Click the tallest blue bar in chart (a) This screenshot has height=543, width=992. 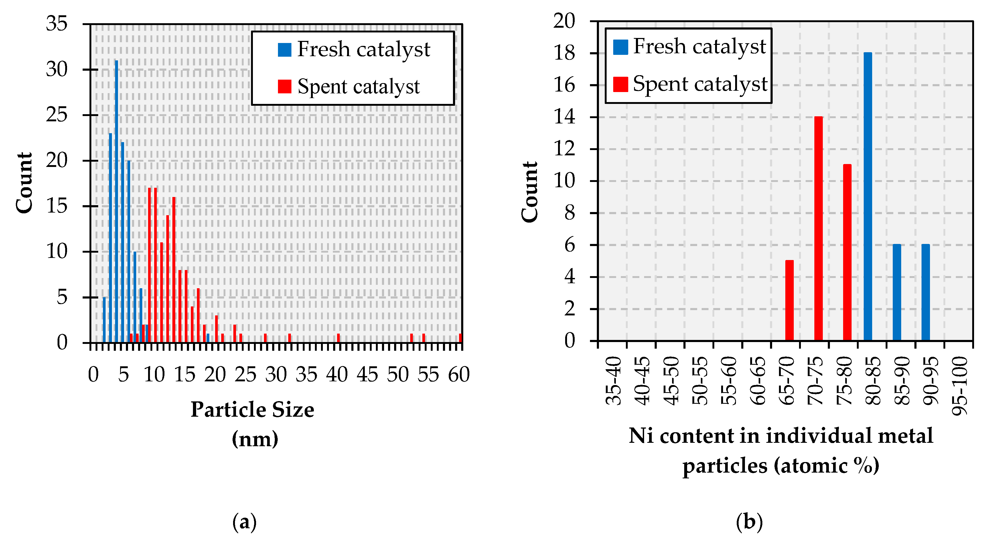click(116, 200)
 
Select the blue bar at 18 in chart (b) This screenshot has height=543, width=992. click(868, 196)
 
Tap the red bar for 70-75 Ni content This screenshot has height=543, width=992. click(818, 229)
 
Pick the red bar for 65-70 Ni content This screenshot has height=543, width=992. click(790, 300)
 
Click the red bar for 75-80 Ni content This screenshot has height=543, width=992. click(847, 252)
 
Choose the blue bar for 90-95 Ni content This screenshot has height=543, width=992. click(925, 292)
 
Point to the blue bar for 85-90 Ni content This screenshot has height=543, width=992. click(896, 292)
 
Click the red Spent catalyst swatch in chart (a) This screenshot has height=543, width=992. click(284, 86)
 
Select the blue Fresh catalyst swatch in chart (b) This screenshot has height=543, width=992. click(620, 47)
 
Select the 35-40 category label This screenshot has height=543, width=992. click(613, 381)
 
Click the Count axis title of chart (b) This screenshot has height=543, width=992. click(530, 192)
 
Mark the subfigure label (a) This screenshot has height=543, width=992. click(244, 522)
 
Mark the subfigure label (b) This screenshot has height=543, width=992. click(749, 522)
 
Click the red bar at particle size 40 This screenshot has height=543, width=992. click(338, 338)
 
